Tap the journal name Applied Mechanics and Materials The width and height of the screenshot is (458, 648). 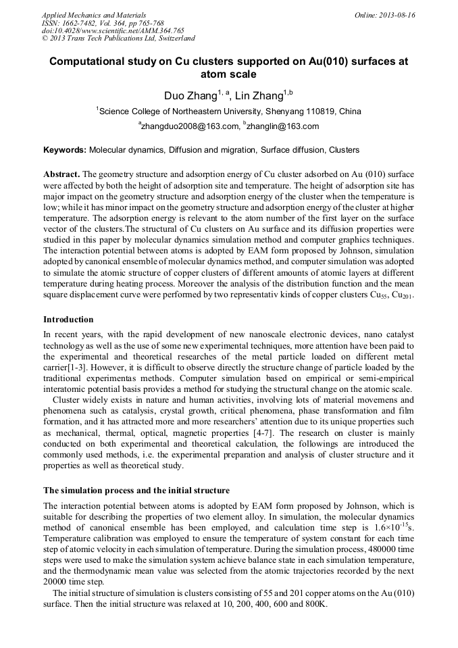(94, 14)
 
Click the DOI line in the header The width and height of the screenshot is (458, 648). (113, 30)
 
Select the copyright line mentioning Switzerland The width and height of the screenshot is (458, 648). (118, 39)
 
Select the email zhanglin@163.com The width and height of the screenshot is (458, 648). (283, 126)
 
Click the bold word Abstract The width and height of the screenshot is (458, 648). (63, 174)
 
